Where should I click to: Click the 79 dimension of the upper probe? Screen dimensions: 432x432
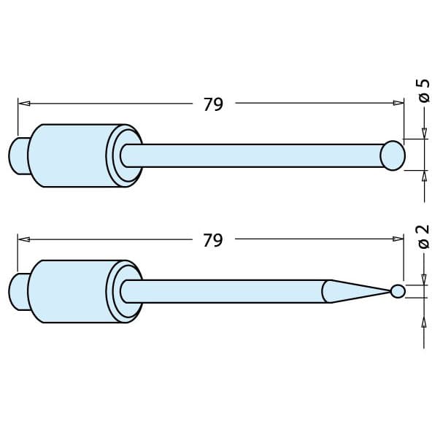pyautogui.click(x=212, y=104)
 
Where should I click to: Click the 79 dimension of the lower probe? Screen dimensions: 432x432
pyautogui.click(x=212, y=240)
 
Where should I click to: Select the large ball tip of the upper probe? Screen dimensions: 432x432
pyautogui.click(x=393, y=155)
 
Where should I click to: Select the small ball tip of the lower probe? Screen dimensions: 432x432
pyautogui.click(x=398, y=291)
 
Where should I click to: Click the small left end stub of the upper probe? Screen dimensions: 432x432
pyautogui.click(x=19, y=155)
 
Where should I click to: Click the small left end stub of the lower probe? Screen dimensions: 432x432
pyautogui.click(x=19, y=291)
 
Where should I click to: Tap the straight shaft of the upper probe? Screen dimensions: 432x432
pyautogui.click(x=255, y=155)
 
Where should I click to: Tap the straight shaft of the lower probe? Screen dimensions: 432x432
pyautogui.click(x=226, y=291)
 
